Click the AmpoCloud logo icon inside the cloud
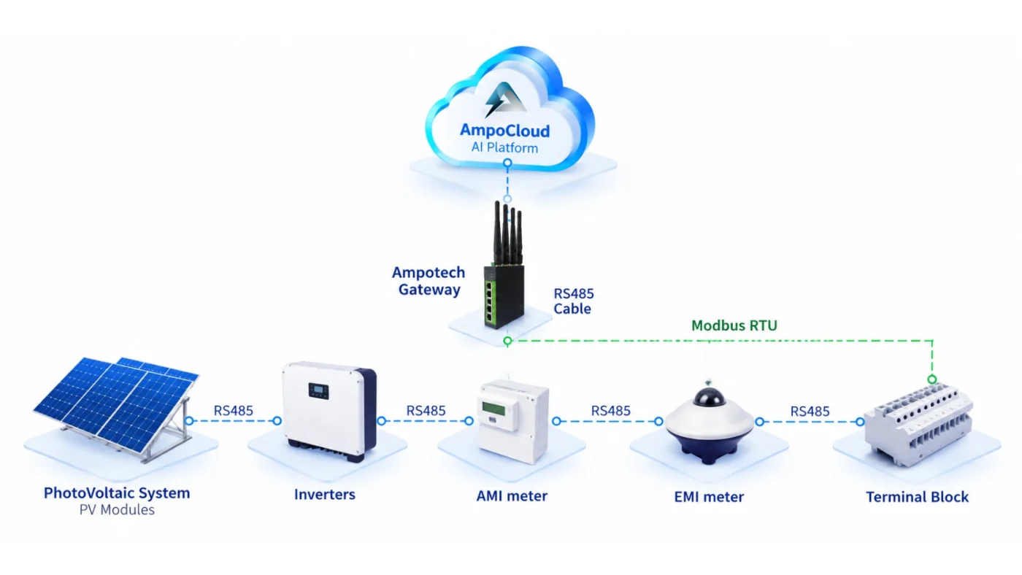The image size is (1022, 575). click(x=504, y=99)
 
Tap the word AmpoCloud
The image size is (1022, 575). click(x=504, y=131)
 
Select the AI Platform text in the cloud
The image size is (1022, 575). click(x=504, y=147)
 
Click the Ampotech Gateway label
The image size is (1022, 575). click(x=429, y=281)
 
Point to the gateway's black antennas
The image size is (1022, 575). click(x=507, y=234)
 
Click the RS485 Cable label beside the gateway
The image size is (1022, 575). click(x=574, y=301)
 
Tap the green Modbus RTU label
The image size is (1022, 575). click(x=734, y=325)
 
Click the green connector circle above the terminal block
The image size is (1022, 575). click(x=932, y=379)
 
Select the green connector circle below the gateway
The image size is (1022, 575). click(x=507, y=341)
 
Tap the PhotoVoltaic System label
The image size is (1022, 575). click(x=117, y=493)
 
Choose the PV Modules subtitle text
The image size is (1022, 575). click(x=117, y=510)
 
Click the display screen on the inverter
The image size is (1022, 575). click(x=318, y=391)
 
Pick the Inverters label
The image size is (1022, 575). click(x=324, y=494)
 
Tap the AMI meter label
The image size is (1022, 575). click(x=512, y=495)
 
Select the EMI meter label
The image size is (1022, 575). click(x=709, y=497)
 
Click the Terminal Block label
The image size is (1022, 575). click(x=917, y=497)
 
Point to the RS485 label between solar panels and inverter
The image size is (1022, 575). click(x=233, y=410)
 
